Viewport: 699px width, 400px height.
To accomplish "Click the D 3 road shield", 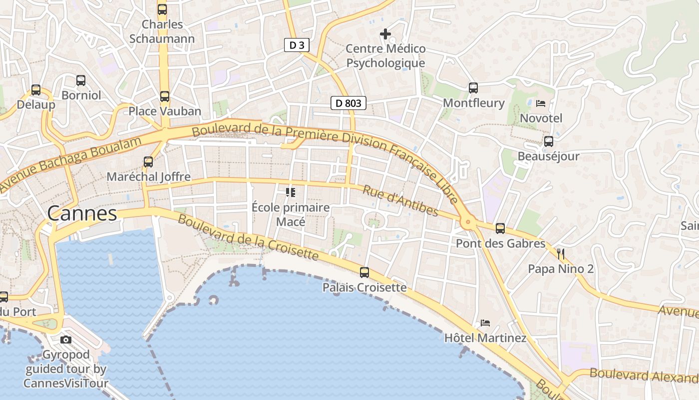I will click(297, 45).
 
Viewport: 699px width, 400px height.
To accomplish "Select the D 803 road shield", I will click(349, 103).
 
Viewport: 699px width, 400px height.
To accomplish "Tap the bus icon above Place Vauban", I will click(165, 96).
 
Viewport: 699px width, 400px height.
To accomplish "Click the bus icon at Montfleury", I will click(473, 88).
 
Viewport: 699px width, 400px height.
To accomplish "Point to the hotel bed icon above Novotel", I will click(541, 103).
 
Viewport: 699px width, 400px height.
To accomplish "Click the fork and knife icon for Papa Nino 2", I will click(561, 254).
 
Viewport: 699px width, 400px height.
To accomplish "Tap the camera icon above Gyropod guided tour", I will click(65, 340).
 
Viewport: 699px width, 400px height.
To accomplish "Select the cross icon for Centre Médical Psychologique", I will click(385, 34).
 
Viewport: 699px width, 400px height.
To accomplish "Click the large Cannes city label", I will click(82, 213).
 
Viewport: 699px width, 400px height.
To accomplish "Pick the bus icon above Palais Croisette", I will click(364, 272).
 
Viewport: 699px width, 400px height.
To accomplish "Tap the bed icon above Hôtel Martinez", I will click(485, 323).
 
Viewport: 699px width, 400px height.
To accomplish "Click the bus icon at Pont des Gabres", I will click(500, 228).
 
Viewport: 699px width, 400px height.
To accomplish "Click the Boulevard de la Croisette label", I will click(248, 237).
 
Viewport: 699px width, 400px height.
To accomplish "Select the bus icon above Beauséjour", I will click(549, 141).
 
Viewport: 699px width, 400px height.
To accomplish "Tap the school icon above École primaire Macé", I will click(290, 192).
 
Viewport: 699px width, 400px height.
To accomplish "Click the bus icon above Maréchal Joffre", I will click(148, 161).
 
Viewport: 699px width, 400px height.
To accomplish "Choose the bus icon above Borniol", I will click(81, 80).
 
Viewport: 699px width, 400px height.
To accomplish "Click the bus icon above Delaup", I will click(36, 90).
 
